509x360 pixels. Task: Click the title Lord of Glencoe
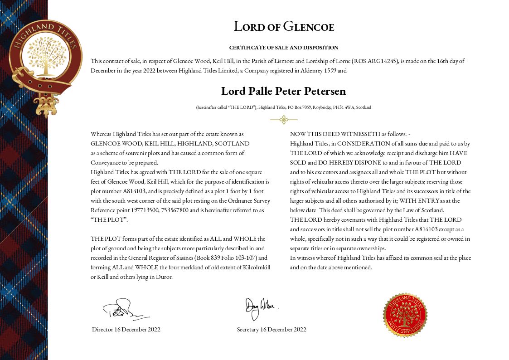tap(284, 27)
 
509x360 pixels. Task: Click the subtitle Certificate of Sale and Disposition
tap(284, 48)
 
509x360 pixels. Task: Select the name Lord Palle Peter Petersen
tap(284, 91)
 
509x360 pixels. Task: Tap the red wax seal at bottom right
tap(405, 315)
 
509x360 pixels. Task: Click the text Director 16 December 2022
tap(126, 330)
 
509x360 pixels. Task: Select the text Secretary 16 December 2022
tap(271, 330)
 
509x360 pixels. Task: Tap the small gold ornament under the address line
tap(284, 120)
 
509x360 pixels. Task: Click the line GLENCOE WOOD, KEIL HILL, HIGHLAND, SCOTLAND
tap(170, 143)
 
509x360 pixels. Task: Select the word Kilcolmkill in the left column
tap(255, 268)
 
